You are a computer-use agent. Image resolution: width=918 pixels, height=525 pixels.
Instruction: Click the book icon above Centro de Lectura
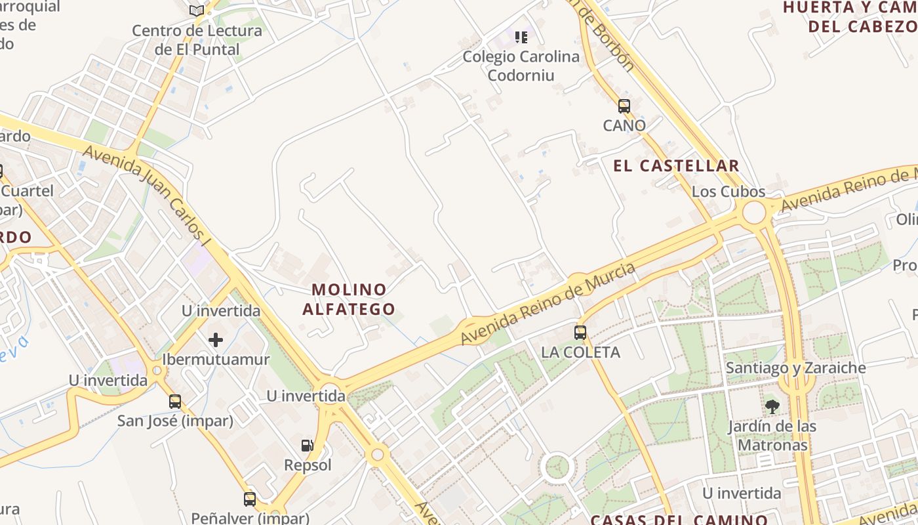pyautogui.click(x=196, y=10)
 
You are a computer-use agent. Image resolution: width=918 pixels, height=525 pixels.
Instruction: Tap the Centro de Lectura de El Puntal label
pyautogui.click(x=197, y=40)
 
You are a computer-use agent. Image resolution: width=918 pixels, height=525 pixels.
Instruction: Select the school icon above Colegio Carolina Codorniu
pyautogui.click(x=521, y=37)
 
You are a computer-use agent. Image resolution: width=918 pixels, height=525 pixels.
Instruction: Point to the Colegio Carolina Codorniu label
pyautogui.click(x=521, y=66)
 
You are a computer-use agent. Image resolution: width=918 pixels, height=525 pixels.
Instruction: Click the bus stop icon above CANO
pyautogui.click(x=624, y=106)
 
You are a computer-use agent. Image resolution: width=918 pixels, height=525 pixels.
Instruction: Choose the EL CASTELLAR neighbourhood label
pyautogui.click(x=676, y=166)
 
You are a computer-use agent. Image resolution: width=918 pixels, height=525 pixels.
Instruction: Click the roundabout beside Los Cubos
pyautogui.click(x=754, y=213)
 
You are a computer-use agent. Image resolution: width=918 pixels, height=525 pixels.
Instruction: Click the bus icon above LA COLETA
pyautogui.click(x=580, y=332)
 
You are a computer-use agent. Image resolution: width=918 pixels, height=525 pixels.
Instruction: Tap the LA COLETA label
pyautogui.click(x=580, y=352)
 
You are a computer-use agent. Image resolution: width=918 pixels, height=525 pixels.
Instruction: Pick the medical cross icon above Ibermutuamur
pyautogui.click(x=216, y=340)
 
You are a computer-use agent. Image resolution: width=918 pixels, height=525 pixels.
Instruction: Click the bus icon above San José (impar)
pyautogui.click(x=175, y=401)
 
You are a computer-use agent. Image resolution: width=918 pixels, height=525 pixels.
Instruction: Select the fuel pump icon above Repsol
pyautogui.click(x=307, y=446)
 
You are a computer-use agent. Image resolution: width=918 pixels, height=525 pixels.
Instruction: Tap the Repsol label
pyautogui.click(x=308, y=465)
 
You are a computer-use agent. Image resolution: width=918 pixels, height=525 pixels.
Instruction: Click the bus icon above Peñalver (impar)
pyautogui.click(x=250, y=499)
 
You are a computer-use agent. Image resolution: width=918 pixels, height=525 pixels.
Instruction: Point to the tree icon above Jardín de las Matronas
pyautogui.click(x=772, y=407)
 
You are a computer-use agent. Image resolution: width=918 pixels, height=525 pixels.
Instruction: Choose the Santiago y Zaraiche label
pyautogui.click(x=795, y=368)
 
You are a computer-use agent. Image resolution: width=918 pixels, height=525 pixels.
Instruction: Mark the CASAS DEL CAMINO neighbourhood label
pyautogui.click(x=679, y=520)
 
